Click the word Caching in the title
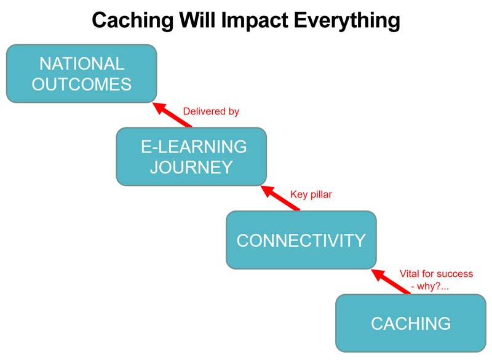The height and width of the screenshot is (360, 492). click(x=132, y=21)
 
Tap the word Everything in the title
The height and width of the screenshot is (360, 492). click(x=347, y=21)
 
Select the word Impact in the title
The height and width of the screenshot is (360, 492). click(x=255, y=21)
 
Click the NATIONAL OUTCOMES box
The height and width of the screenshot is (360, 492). click(x=82, y=73)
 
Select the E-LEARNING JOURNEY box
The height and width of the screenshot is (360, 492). click(x=191, y=157)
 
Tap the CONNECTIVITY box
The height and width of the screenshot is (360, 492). click(x=301, y=240)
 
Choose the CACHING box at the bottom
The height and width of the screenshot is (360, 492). click(x=411, y=323)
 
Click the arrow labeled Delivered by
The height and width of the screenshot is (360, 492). click(x=172, y=115)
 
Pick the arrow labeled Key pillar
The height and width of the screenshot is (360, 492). click(x=280, y=198)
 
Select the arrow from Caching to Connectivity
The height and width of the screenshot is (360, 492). click(x=391, y=281)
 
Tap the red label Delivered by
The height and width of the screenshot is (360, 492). click(x=211, y=111)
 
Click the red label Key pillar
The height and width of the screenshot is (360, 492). click(x=311, y=194)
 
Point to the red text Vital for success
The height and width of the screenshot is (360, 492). click(x=436, y=274)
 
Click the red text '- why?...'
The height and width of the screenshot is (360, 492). click(x=429, y=286)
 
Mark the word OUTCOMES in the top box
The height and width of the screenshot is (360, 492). click(x=82, y=84)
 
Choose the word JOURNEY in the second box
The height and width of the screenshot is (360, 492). click(x=191, y=167)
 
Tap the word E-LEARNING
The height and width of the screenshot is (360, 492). click(x=194, y=146)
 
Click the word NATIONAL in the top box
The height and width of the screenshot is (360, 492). click(x=82, y=64)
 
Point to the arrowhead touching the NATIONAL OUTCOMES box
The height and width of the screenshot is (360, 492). click(x=159, y=107)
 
